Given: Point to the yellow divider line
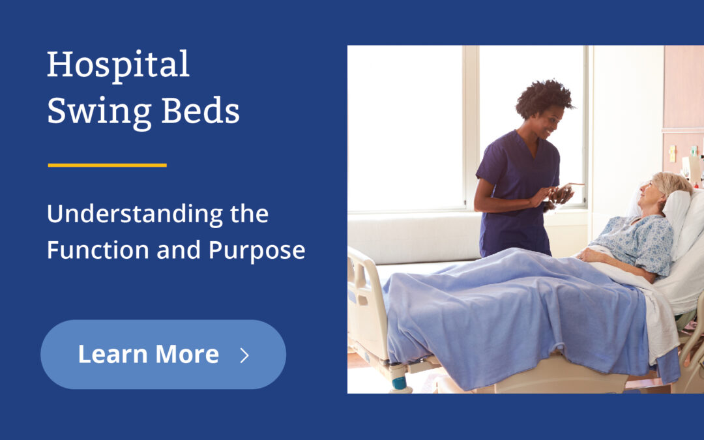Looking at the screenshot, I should tap(107, 165).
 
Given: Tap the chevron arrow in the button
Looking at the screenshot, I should tap(244, 355).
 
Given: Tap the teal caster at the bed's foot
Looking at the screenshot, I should tap(399, 383).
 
